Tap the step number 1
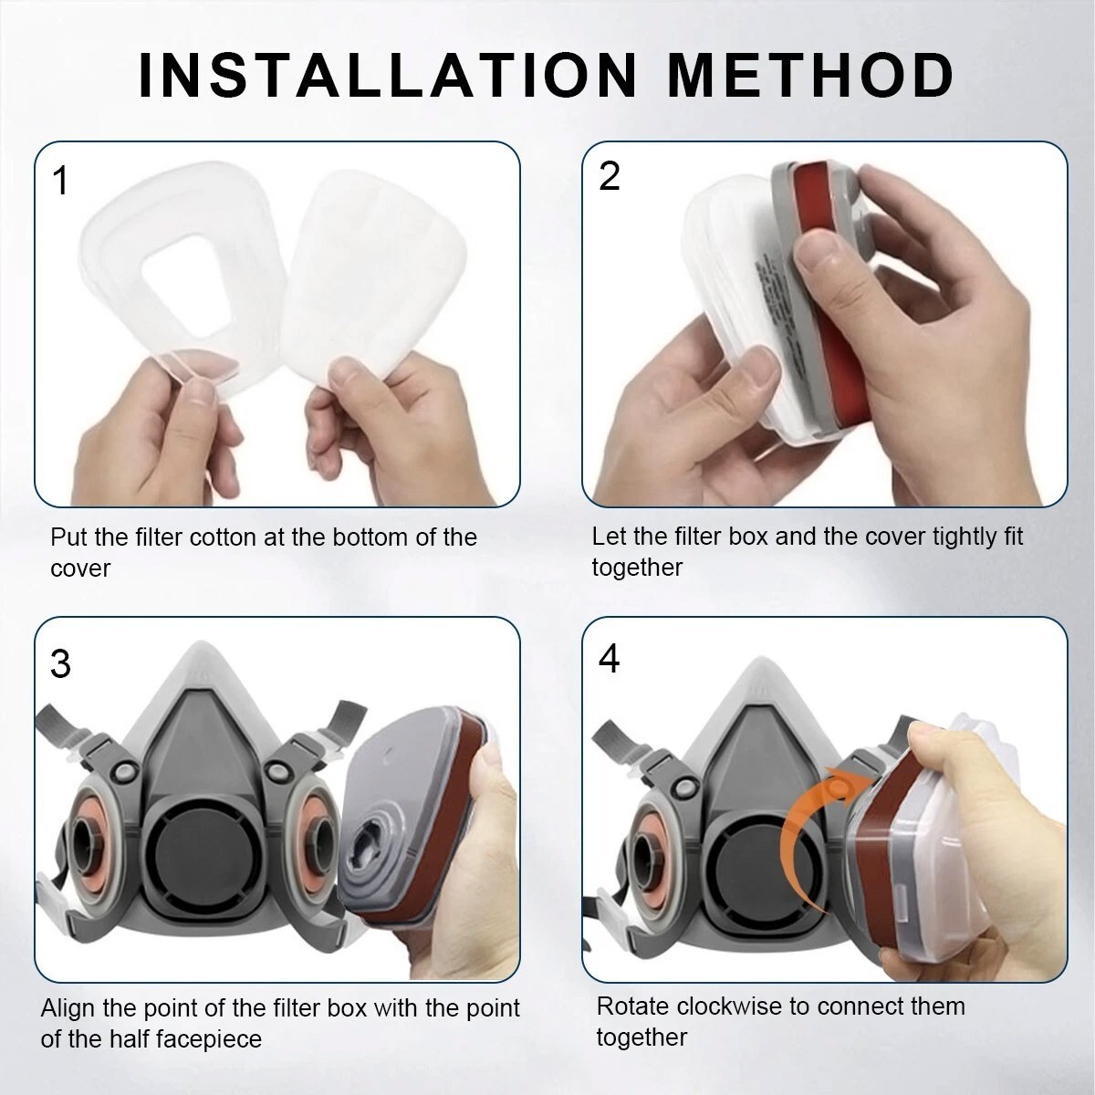pos(60,181)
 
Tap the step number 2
pos(610,176)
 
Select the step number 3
pos(60,663)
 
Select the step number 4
pos(609,659)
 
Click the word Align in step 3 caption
pos(69,1007)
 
